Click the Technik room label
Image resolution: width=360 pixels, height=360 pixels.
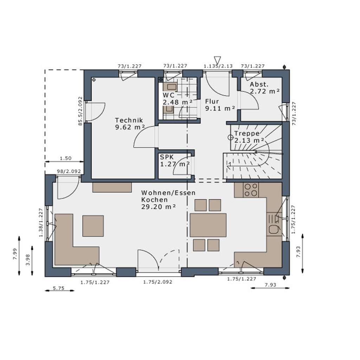pos(129,120)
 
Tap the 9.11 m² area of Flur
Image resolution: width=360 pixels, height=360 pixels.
pos(220,108)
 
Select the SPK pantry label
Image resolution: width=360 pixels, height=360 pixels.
pos(167,157)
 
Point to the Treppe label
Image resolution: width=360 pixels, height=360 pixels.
pos(247,133)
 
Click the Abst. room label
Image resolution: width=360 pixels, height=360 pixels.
pos(259,84)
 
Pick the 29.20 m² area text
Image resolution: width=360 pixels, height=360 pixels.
pos(159,207)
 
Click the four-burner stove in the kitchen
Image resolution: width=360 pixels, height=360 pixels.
pos(251,190)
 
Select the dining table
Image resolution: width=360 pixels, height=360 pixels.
pos(208,225)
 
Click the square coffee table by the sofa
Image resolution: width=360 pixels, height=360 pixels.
pos(93,226)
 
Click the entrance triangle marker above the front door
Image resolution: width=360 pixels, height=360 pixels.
pos(217,59)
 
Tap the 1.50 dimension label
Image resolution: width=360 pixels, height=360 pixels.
pos(66,158)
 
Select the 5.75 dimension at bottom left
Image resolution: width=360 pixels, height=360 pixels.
pos(59,288)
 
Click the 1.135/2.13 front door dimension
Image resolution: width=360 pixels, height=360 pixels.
pos(218,66)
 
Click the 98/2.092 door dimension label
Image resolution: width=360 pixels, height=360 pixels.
pos(69,171)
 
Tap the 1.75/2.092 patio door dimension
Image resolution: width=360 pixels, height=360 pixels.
pos(158,282)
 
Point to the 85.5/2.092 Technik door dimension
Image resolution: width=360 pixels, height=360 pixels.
pos(81,111)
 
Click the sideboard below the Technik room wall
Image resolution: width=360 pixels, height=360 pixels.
pos(112,187)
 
